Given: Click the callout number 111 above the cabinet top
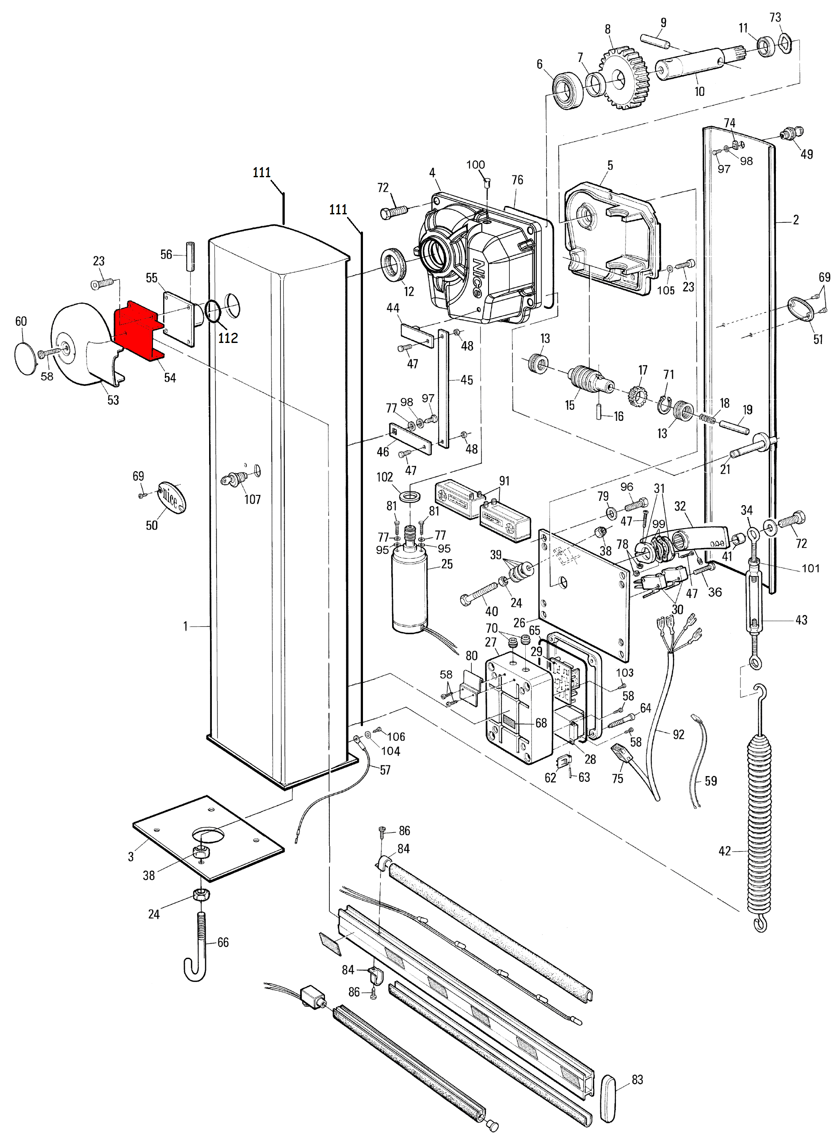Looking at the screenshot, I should coord(261,173).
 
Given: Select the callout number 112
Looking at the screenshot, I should coord(228,338).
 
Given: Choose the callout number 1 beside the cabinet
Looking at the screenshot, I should coord(186,626).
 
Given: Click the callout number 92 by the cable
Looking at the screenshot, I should coord(678,735).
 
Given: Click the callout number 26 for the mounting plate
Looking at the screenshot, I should coord(519,622).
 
